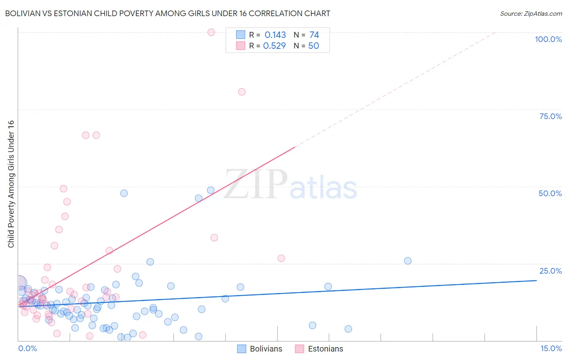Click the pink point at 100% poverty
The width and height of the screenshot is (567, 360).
[x=211, y=32]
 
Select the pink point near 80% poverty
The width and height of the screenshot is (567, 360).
[x=242, y=92]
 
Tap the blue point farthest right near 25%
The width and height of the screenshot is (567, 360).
[x=408, y=261]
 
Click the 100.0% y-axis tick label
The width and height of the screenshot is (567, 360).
[x=548, y=39]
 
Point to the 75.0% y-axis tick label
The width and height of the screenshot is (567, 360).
[x=550, y=116]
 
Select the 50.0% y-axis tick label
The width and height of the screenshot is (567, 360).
[x=550, y=193]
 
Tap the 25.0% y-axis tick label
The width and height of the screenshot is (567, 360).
[x=550, y=271]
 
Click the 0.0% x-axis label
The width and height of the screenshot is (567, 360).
[x=27, y=349]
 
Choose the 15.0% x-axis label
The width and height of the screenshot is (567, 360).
[x=551, y=349]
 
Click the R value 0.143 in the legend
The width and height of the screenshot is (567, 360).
[x=275, y=35]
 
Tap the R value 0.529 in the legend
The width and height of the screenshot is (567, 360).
[x=274, y=46]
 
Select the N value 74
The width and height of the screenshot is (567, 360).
[x=314, y=35]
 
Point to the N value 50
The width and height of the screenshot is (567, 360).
[x=313, y=46]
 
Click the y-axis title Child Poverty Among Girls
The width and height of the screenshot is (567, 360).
[x=11, y=184]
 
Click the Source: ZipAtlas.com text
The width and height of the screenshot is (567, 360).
[x=531, y=14]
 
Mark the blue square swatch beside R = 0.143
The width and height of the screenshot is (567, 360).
[x=241, y=35]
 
